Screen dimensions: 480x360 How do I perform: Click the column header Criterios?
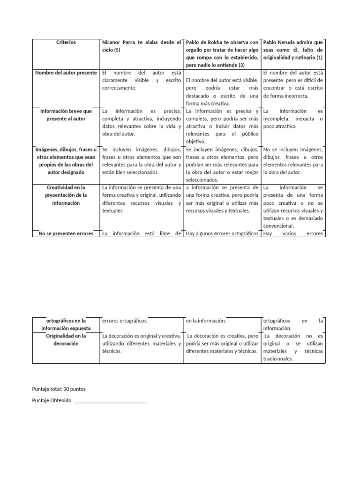tap(66, 42)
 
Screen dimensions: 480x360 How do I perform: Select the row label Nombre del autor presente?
tap(66, 73)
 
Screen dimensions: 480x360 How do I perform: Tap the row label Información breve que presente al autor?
tap(66, 115)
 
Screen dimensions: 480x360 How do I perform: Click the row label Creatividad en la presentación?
tap(66, 195)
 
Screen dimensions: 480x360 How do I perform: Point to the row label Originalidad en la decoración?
tap(66, 339)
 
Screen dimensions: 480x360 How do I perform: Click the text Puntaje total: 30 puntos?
tap(59, 389)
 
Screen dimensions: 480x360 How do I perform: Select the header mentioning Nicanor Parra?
tap(141, 46)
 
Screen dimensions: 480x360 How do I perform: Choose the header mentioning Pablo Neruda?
tap(293, 50)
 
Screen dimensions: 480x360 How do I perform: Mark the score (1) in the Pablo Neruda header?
tap(319, 57)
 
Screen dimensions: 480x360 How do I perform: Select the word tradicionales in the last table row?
tap(278, 359)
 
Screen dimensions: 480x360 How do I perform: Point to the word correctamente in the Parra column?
tap(119, 88)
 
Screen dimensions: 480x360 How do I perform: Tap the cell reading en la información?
tap(206, 321)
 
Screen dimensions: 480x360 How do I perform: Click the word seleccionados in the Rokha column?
tap(202, 180)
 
